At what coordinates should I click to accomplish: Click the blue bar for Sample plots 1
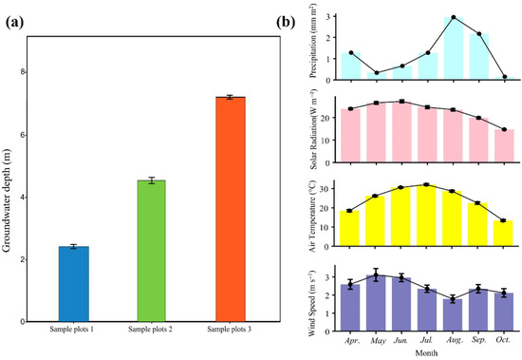(74, 284)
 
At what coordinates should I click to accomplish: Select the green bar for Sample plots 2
(152, 251)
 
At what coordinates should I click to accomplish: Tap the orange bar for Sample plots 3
(231, 209)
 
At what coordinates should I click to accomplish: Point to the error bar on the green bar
(152, 180)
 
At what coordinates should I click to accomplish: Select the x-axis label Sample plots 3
(230, 330)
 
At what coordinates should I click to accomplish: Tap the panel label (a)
(14, 23)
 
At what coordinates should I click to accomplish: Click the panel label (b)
(286, 23)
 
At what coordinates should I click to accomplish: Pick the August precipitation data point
(454, 17)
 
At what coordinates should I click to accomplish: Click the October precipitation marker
(505, 77)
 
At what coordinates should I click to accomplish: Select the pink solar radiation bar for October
(504, 145)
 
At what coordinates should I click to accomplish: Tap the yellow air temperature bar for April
(349, 228)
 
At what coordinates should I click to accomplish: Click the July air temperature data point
(426, 184)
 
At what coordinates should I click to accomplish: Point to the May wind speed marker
(376, 275)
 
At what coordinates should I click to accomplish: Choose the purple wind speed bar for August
(453, 315)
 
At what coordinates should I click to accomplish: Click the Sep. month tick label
(478, 340)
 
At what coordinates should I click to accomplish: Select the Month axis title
(426, 352)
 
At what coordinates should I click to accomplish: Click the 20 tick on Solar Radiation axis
(329, 118)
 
